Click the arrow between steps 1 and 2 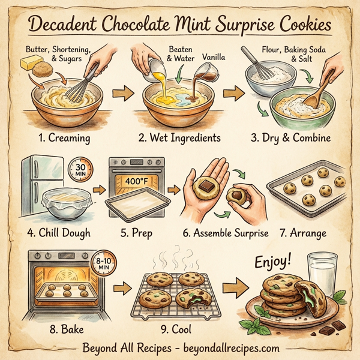coord(122,94)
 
